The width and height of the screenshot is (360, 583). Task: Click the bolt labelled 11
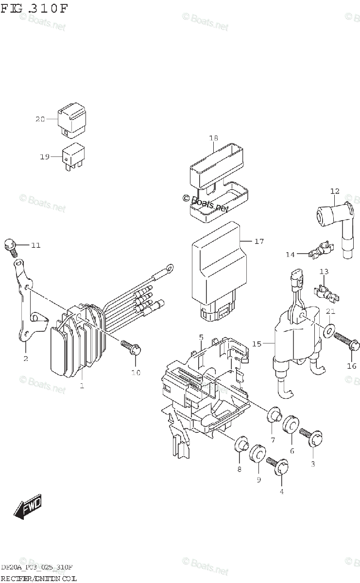[x=10, y=247]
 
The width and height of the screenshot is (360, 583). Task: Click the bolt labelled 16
[x=346, y=342]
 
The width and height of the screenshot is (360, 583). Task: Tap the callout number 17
[x=258, y=241]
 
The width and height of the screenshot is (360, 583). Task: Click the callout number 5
[x=201, y=337]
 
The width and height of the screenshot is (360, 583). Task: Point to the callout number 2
[x=25, y=359]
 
